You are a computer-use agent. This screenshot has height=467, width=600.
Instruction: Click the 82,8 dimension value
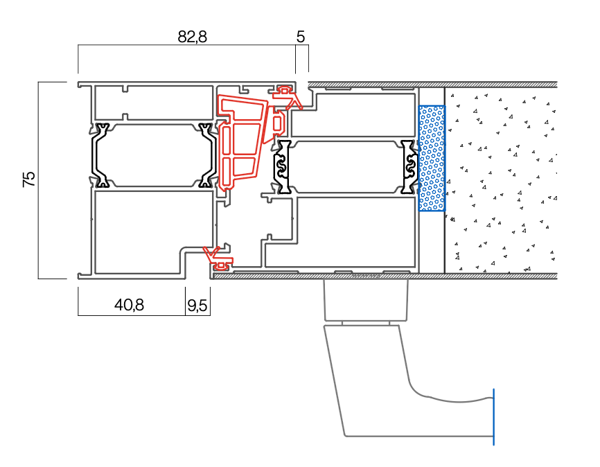point(192,37)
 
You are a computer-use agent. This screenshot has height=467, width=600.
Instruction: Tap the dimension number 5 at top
point(301,37)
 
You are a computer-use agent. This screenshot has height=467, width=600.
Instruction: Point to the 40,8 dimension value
point(130,305)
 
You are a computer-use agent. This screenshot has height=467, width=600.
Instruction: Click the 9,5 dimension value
point(197,305)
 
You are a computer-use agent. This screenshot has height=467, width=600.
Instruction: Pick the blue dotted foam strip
point(432,159)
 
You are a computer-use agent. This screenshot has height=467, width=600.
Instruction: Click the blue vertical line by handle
point(493,416)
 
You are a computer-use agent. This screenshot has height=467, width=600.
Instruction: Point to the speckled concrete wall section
point(500,179)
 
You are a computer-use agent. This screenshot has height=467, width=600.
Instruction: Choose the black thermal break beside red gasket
point(283,166)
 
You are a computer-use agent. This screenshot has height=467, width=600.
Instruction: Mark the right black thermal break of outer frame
point(206,155)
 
